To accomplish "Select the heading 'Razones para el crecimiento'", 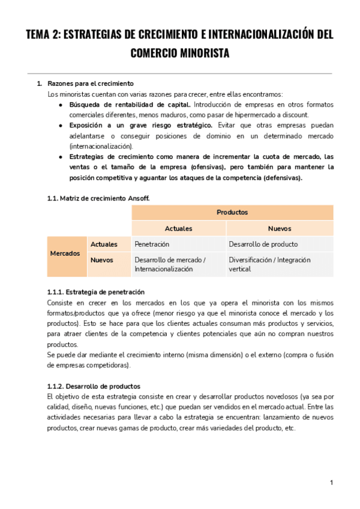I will click(90, 83).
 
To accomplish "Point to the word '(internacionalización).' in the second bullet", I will click(101, 146).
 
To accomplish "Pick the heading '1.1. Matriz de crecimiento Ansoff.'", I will click(98, 197).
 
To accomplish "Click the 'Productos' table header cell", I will click(232, 212).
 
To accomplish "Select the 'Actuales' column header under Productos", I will click(179, 229).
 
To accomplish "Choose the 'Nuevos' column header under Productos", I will click(280, 229).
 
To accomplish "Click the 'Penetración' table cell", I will click(152, 244).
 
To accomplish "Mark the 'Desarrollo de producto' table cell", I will click(263, 244).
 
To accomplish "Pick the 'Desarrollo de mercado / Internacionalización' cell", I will click(170, 265).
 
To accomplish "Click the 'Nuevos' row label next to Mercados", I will click(102, 260).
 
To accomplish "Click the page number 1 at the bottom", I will click(331, 483).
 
